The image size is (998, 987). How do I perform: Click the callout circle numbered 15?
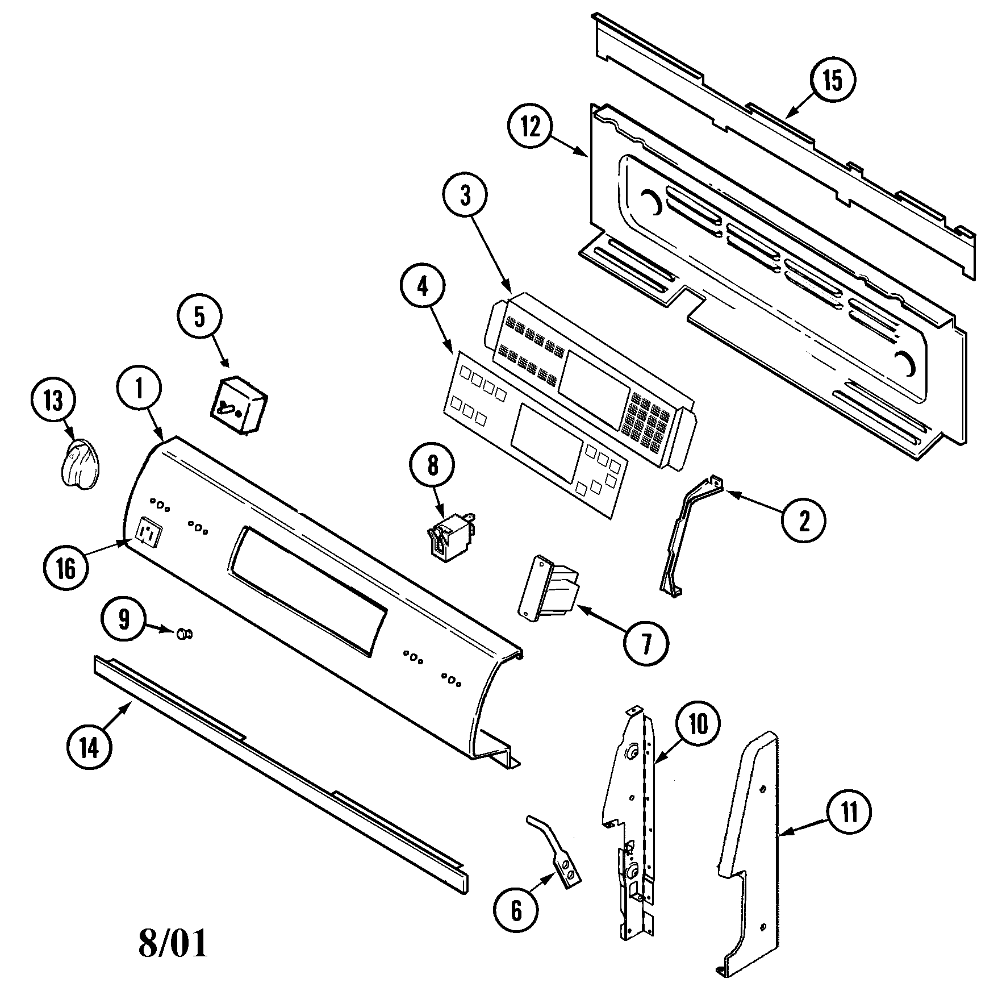click(833, 81)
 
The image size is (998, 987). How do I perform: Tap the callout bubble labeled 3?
click(465, 196)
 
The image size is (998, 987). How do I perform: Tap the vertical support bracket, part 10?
click(630, 813)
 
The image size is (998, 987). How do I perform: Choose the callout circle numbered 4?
click(423, 288)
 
